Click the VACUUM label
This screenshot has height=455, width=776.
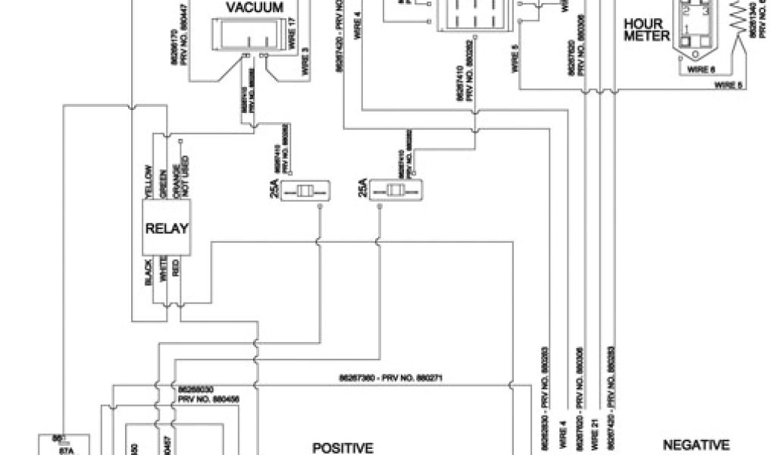[255, 8]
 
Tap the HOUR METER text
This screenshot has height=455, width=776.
[646, 30]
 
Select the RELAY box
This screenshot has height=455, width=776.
[167, 228]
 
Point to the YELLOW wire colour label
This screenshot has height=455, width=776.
[149, 179]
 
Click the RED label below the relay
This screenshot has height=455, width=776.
[177, 268]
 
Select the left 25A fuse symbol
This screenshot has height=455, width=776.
[305, 191]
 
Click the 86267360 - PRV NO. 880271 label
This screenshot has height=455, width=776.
[388, 377]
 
